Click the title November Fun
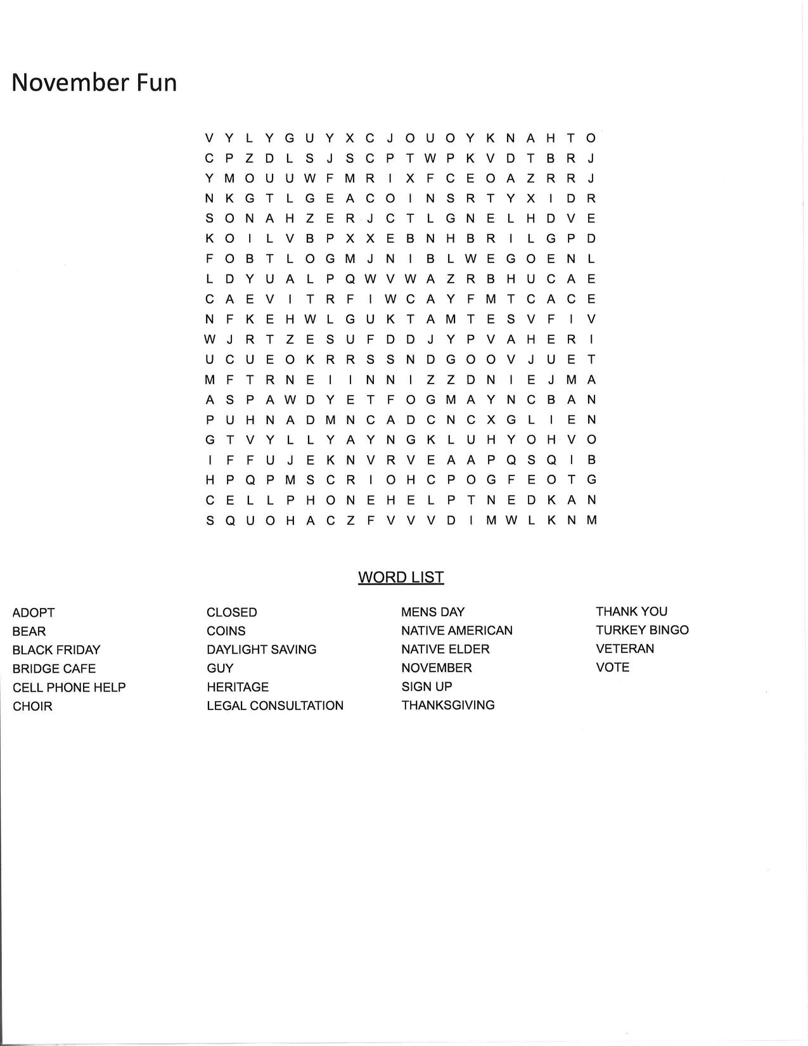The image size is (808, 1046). click(x=94, y=83)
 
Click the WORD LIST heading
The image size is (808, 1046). click(x=401, y=578)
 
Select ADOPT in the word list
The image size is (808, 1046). click(x=34, y=613)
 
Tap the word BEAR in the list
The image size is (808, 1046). click(x=29, y=631)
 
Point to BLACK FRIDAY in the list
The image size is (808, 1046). click(x=56, y=650)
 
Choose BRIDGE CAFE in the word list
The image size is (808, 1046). click(x=54, y=669)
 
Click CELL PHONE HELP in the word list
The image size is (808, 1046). click(x=69, y=687)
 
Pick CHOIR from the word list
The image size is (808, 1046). click(x=32, y=706)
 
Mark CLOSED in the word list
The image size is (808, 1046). click(x=232, y=612)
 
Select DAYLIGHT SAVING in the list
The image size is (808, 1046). click(x=261, y=650)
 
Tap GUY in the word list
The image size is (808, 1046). click(x=220, y=668)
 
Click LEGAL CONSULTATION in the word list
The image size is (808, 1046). click(x=275, y=706)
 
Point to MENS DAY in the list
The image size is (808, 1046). click(x=433, y=612)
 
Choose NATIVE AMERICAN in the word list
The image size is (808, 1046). click(x=457, y=631)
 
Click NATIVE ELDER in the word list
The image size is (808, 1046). click(x=446, y=649)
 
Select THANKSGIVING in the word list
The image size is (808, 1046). click(x=448, y=705)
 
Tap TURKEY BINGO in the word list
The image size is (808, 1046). click(x=642, y=630)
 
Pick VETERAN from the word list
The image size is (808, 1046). click(x=625, y=649)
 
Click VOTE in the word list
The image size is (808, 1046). click(x=613, y=668)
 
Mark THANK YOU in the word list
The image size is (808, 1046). click(x=631, y=612)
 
